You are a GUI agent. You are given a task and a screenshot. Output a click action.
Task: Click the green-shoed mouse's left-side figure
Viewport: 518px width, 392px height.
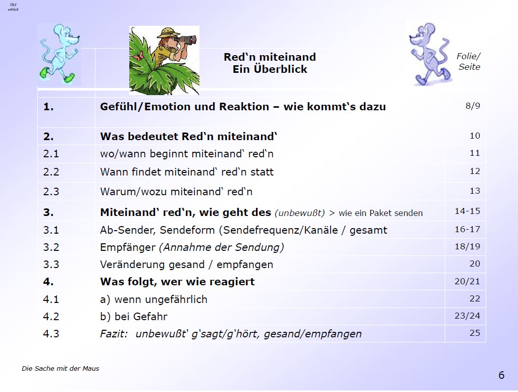pos(60,54)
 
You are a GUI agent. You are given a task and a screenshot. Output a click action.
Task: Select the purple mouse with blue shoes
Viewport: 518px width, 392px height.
pos(430,54)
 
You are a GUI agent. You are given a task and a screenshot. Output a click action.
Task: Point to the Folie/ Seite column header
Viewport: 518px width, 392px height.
pos(469,61)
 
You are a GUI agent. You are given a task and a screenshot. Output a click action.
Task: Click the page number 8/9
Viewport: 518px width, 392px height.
pos(473,106)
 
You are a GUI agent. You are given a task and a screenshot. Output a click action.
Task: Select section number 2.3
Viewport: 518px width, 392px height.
pos(51,191)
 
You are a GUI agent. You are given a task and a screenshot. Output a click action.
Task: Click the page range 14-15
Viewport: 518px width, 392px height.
pos(467,211)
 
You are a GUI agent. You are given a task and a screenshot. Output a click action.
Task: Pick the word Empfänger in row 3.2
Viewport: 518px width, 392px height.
pos(128,247)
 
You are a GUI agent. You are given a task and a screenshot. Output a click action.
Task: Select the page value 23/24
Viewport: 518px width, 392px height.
pos(467,316)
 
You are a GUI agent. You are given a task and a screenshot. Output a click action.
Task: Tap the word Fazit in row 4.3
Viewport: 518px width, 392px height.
pos(114,333)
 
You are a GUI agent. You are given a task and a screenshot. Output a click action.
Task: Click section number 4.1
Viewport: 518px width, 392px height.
pos(51,299)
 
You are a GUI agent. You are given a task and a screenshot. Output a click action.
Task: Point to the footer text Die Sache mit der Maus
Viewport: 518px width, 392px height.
pos(61,369)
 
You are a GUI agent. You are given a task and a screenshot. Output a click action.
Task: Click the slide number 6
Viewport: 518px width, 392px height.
pos(501,375)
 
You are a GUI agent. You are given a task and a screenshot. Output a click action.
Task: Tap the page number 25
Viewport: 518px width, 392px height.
pos(475,333)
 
